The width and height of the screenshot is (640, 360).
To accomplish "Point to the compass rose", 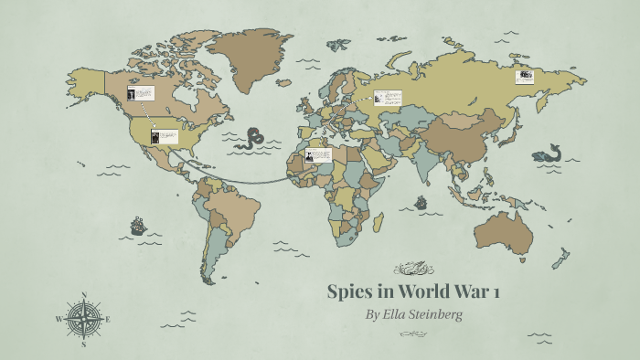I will point(83,319).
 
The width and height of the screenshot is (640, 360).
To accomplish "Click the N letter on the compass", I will point(84,295).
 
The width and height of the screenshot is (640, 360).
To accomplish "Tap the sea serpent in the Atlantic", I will point(249,139).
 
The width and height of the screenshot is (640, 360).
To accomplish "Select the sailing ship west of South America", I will point(137,224).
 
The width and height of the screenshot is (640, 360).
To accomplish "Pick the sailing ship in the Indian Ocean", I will point(421,203).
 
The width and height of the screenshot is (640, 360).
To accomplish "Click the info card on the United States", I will point(165,137).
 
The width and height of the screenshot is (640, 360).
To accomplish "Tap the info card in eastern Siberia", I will point(524,76).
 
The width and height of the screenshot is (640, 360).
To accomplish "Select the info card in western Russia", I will point(387,98).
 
